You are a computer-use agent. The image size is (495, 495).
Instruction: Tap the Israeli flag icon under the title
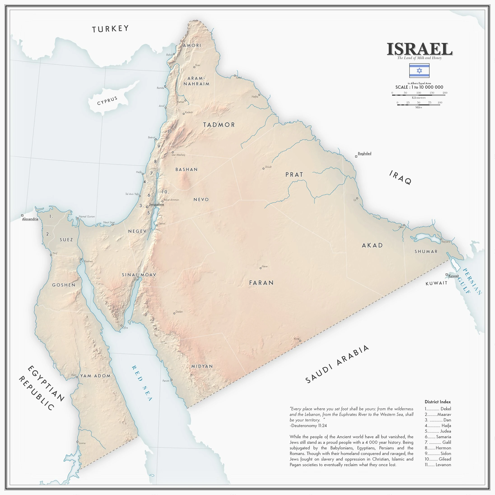pyautogui.click(x=419, y=70)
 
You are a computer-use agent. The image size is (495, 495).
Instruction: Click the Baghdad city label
pyautogui.click(x=364, y=153)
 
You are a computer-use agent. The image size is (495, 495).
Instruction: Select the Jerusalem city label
pyautogui.click(x=157, y=204)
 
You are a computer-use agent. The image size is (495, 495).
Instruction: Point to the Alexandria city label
pyautogui.click(x=30, y=219)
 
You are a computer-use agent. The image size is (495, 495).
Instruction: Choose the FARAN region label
pyautogui.click(x=261, y=283)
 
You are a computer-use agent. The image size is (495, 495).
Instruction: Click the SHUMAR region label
pyautogui.click(x=426, y=252)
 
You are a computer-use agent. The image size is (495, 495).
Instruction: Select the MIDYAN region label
pyautogui.click(x=202, y=366)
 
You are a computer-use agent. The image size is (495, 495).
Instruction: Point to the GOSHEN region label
pyautogui.click(x=64, y=285)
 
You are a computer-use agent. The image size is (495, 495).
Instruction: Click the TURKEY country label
pyautogui.click(x=110, y=29)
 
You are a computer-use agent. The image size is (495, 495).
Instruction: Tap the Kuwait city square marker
pyautogui.click(x=446, y=274)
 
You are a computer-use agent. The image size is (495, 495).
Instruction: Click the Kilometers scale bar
pyautogui.click(x=418, y=95)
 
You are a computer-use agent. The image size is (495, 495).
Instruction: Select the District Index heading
pyautogui.click(x=437, y=402)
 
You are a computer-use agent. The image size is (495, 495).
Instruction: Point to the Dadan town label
pyautogui.click(x=179, y=312)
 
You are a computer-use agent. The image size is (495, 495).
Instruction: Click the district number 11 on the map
pyautogui.click(x=170, y=132)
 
